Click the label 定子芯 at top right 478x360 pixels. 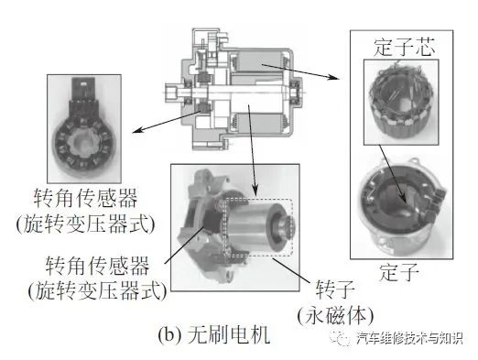tap(404, 47)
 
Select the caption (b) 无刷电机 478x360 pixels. tap(214, 335)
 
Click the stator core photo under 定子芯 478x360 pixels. tap(401, 102)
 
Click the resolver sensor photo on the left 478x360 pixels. tap(84, 128)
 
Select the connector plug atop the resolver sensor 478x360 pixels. tap(83, 88)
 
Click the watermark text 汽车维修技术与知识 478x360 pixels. tap(410, 338)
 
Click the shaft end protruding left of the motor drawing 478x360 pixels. tap(173, 92)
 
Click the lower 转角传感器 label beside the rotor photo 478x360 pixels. tap(97, 266)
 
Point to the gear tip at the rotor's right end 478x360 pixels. tap(290, 225)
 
